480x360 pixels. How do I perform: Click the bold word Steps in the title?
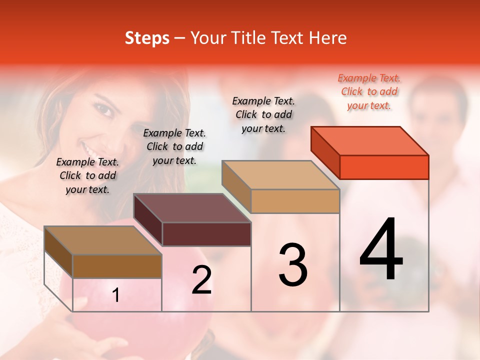[x=147, y=38]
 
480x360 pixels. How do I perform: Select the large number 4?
[x=381, y=250]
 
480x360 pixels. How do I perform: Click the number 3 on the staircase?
[x=293, y=265]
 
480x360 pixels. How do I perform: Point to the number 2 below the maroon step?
[x=201, y=280]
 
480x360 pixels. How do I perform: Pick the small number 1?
[x=116, y=295]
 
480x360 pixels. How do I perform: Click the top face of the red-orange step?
[x=370, y=140]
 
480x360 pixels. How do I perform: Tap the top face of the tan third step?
[x=281, y=175]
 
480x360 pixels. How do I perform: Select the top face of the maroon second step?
[x=192, y=208]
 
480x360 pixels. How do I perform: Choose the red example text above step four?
[x=369, y=91]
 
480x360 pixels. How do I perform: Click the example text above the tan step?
[x=263, y=114]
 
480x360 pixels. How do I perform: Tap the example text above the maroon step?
[x=174, y=146]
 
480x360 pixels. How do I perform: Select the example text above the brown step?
[x=87, y=175]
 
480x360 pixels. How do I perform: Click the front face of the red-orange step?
[x=384, y=167]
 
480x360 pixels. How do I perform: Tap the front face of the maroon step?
[x=206, y=234]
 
